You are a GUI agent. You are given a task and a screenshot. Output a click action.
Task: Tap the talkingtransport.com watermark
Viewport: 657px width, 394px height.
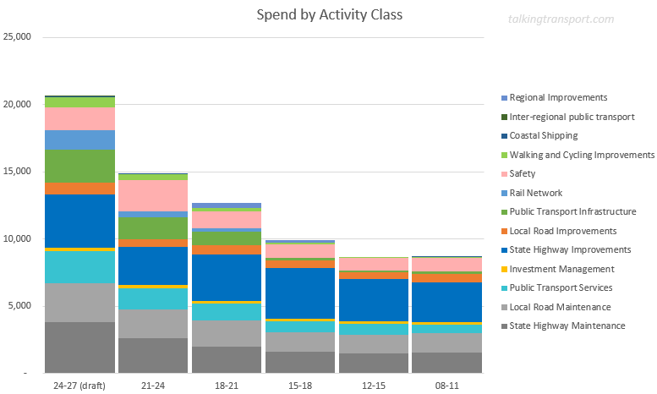pos(561,19)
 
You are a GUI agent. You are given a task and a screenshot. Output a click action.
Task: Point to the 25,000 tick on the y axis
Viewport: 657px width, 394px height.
pos(18,37)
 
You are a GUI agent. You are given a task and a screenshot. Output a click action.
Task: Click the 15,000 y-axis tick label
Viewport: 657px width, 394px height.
pos(18,172)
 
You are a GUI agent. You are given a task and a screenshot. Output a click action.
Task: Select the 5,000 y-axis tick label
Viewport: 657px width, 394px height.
pos(20,306)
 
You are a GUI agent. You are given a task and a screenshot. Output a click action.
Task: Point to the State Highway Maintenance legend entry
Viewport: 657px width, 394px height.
pos(567,326)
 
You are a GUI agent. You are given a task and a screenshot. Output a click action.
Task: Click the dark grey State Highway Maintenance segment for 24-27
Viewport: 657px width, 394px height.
pos(79,347)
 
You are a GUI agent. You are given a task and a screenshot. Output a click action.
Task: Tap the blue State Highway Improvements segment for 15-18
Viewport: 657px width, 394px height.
pos(299,293)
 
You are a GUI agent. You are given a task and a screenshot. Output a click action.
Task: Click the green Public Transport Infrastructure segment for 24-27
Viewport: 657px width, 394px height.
pos(79,166)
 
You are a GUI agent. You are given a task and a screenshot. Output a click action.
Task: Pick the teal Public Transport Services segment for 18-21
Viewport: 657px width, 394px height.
pos(227,312)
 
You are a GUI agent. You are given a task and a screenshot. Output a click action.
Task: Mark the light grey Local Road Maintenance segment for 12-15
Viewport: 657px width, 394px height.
pos(373,344)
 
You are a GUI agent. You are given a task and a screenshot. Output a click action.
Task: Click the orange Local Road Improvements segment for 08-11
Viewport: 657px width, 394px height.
pos(446,277)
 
